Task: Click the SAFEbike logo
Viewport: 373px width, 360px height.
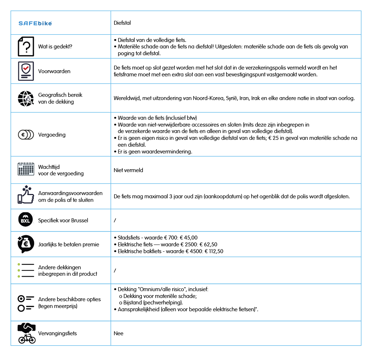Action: pos(35,23)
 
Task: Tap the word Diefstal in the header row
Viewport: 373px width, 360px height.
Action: pos(122,23)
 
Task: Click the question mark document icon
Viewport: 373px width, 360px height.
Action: pos(26,46)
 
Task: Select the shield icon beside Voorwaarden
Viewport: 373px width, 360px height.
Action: pos(26,71)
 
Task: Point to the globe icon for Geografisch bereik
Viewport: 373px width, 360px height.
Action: pos(26,98)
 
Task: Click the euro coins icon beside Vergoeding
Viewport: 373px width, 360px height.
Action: pos(26,135)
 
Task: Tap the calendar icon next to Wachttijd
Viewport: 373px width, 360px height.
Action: pos(26,169)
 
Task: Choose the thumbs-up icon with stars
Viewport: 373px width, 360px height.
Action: pos(25,195)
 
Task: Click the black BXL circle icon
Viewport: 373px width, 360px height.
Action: pos(25,220)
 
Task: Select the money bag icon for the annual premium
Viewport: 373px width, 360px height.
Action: pos(26,244)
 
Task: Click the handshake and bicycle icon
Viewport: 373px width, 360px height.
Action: pos(27,333)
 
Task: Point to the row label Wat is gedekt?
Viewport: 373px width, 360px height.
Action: pos(55,47)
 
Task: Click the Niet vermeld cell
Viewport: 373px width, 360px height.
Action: pos(128,170)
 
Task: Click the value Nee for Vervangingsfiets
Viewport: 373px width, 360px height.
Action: pos(118,333)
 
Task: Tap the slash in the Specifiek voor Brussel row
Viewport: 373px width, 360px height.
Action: pos(115,220)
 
